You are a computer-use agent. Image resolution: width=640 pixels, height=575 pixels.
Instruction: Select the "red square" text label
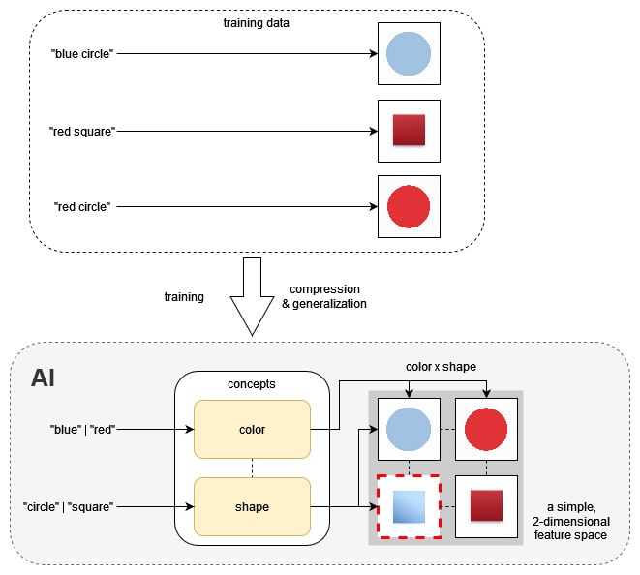[x=84, y=130]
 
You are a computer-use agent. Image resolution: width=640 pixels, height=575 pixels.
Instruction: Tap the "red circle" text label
[x=83, y=206]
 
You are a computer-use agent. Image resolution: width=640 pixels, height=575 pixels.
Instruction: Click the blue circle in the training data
[x=408, y=53]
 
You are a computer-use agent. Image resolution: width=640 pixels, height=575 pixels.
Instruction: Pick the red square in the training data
[x=408, y=131]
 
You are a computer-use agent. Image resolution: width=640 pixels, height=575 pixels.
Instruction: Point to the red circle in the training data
[x=408, y=206]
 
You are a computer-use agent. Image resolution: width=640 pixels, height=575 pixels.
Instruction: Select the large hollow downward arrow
[x=252, y=296]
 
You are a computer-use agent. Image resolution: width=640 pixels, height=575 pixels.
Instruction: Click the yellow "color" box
[x=252, y=429]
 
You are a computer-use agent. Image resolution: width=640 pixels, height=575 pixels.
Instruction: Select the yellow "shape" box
[x=252, y=506]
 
